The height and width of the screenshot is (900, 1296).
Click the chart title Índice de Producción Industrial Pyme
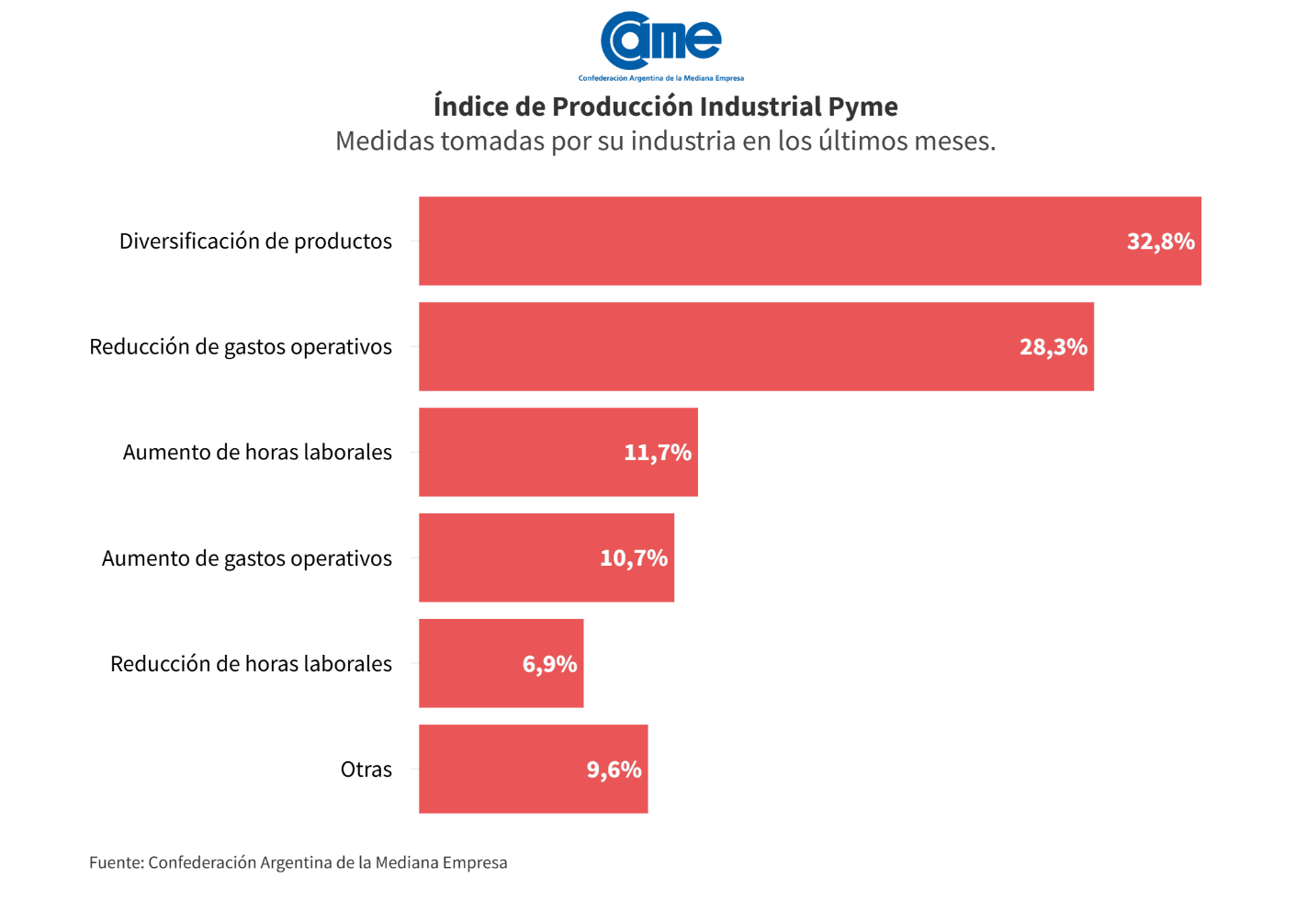click(665, 107)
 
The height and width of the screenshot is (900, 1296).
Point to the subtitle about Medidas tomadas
click(665, 141)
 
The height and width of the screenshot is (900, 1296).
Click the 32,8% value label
click(1160, 242)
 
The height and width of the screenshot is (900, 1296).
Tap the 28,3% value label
click(1053, 347)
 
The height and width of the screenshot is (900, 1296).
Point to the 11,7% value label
click(658, 453)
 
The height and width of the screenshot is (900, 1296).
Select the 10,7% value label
click(634, 558)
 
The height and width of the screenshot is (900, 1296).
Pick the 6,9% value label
click(549, 664)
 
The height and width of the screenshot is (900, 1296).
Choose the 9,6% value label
click(614, 770)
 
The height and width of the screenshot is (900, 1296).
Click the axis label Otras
click(366, 770)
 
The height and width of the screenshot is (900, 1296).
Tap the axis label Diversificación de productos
click(255, 242)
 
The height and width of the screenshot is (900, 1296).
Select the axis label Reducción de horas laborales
click(251, 664)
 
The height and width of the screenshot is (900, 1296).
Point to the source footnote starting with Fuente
click(298, 862)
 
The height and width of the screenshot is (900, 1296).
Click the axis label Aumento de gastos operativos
click(246, 558)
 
